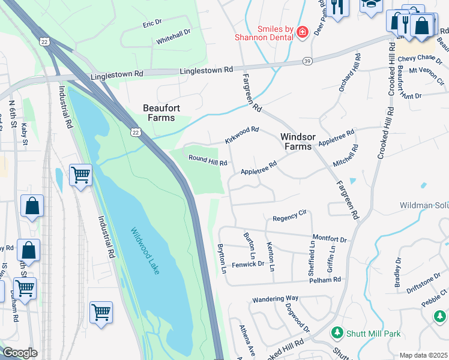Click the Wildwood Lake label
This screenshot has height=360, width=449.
pyautogui.click(x=145, y=251)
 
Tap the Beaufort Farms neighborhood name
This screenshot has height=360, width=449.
pyautogui.click(x=159, y=113)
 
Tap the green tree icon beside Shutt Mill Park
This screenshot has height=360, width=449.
pyautogui.click(x=337, y=332)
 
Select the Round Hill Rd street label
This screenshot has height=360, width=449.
pyautogui.click(x=208, y=161)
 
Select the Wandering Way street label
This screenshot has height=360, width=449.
pyautogui.click(x=275, y=298)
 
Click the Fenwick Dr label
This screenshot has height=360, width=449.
pyautogui.click(x=249, y=263)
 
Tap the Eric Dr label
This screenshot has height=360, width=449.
pyautogui.click(x=152, y=23)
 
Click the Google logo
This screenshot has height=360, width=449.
pyautogui.click(x=19, y=353)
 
